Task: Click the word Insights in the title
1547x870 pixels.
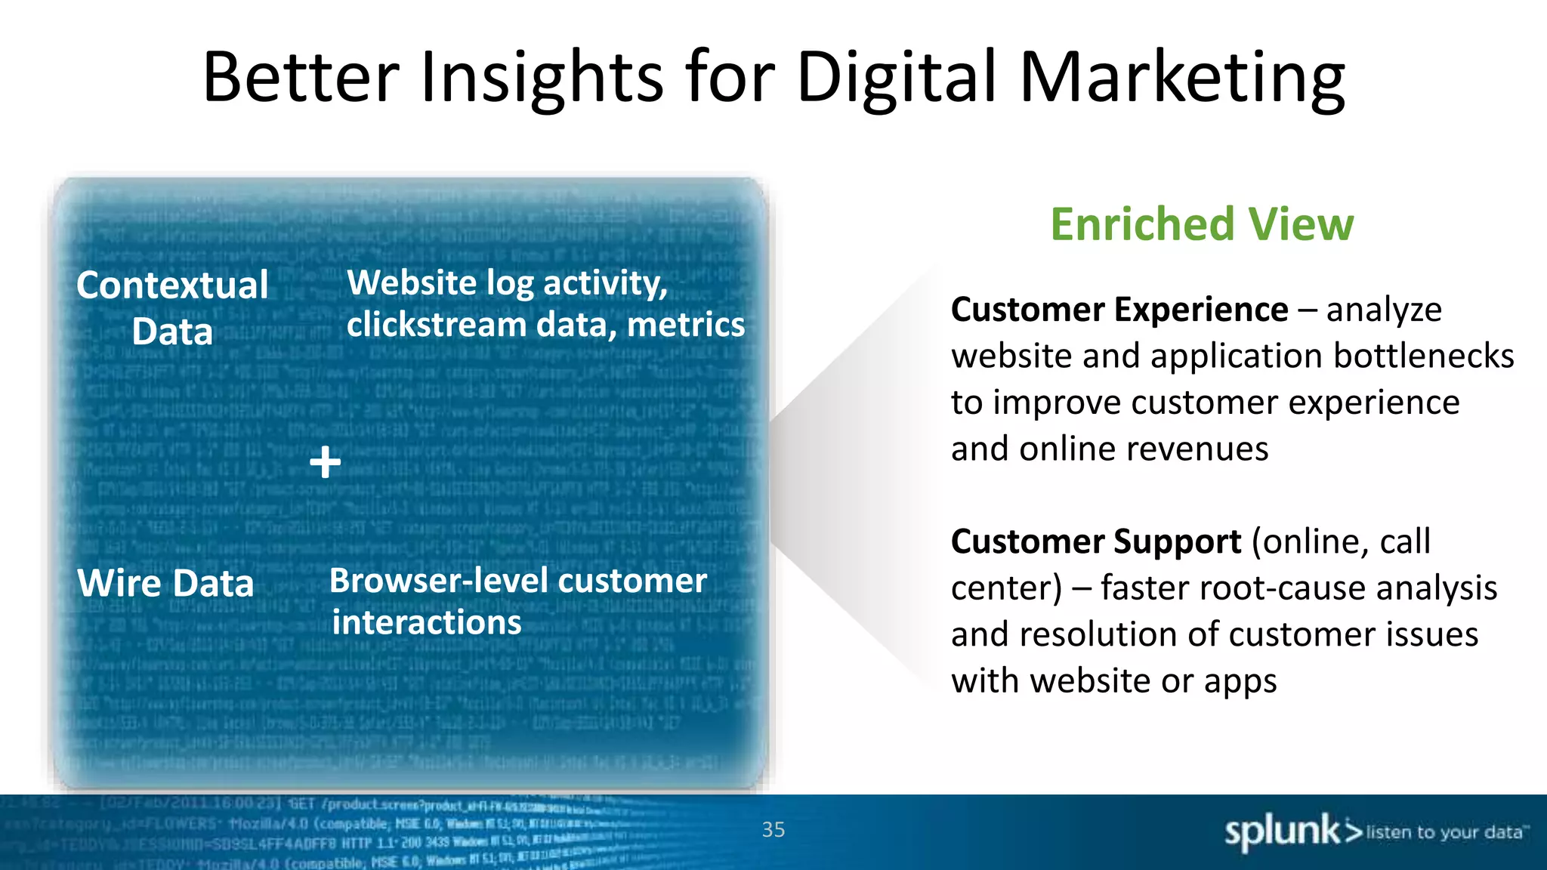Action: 541,77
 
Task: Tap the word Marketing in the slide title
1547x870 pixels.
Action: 1182,77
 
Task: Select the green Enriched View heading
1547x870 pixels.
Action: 1202,224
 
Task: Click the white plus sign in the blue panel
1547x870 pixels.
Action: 326,461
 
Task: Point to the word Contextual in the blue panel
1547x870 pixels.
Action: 172,285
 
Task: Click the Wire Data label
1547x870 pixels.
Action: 165,583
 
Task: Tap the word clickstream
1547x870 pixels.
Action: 436,325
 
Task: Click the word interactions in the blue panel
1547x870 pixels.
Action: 427,622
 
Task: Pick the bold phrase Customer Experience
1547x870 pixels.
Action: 1119,310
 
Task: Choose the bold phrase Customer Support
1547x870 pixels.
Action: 1095,541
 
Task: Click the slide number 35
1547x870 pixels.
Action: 773,829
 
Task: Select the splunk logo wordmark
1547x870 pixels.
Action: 1282,831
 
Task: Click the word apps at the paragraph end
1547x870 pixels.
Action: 1240,681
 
